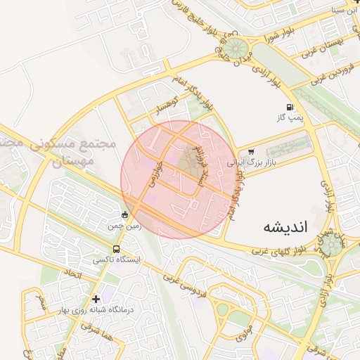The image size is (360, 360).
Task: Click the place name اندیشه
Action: click(x=285, y=227)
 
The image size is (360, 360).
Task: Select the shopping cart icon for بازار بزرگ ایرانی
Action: click(x=251, y=152)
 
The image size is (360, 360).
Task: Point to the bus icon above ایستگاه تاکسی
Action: click(x=116, y=249)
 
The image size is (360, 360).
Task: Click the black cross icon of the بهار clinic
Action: click(x=96, y=299)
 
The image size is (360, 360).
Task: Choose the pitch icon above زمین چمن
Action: click(x=124, y=215)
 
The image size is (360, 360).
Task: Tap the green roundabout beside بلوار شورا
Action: click(x=236, y=49)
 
